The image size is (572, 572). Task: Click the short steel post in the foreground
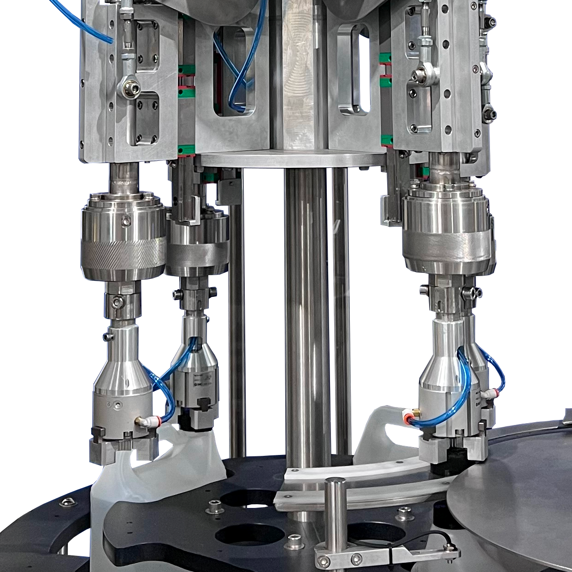tap(335, 512)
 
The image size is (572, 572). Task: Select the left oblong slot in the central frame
tap(235, 69)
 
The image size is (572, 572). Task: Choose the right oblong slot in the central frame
tap(354, 69)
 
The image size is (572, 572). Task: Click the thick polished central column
tap(301, 313)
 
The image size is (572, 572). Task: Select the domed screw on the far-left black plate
tap(69, 502)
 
